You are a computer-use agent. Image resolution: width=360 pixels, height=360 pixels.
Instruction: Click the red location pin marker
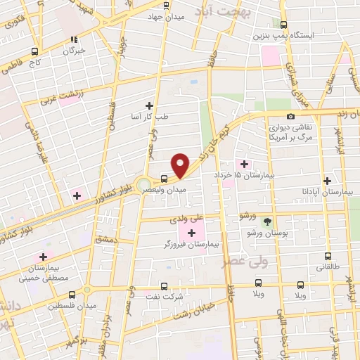click(x=181, y=165)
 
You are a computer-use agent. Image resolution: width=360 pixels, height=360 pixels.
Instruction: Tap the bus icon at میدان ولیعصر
click(x=163, y=178)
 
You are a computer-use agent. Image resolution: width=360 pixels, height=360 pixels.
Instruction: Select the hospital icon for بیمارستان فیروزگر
click(x=191, y=232)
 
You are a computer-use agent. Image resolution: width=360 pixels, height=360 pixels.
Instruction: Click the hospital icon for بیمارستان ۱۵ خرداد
click(x=245, y=164)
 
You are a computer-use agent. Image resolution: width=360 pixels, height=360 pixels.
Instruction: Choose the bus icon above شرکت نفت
click(x=164, y=286)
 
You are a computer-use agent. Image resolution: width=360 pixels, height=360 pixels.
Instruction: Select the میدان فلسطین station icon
click(x=72, y=295)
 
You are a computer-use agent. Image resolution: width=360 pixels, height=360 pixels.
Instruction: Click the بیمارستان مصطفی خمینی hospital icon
click(x=44, y=257)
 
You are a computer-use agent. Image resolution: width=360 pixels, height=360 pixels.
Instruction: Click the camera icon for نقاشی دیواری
click(x=290, y=116)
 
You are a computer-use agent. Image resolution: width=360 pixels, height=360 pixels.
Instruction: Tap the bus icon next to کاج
click(x=34, y=51)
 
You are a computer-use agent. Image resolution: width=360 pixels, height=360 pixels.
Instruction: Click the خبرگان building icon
click(x=74, y=39)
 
